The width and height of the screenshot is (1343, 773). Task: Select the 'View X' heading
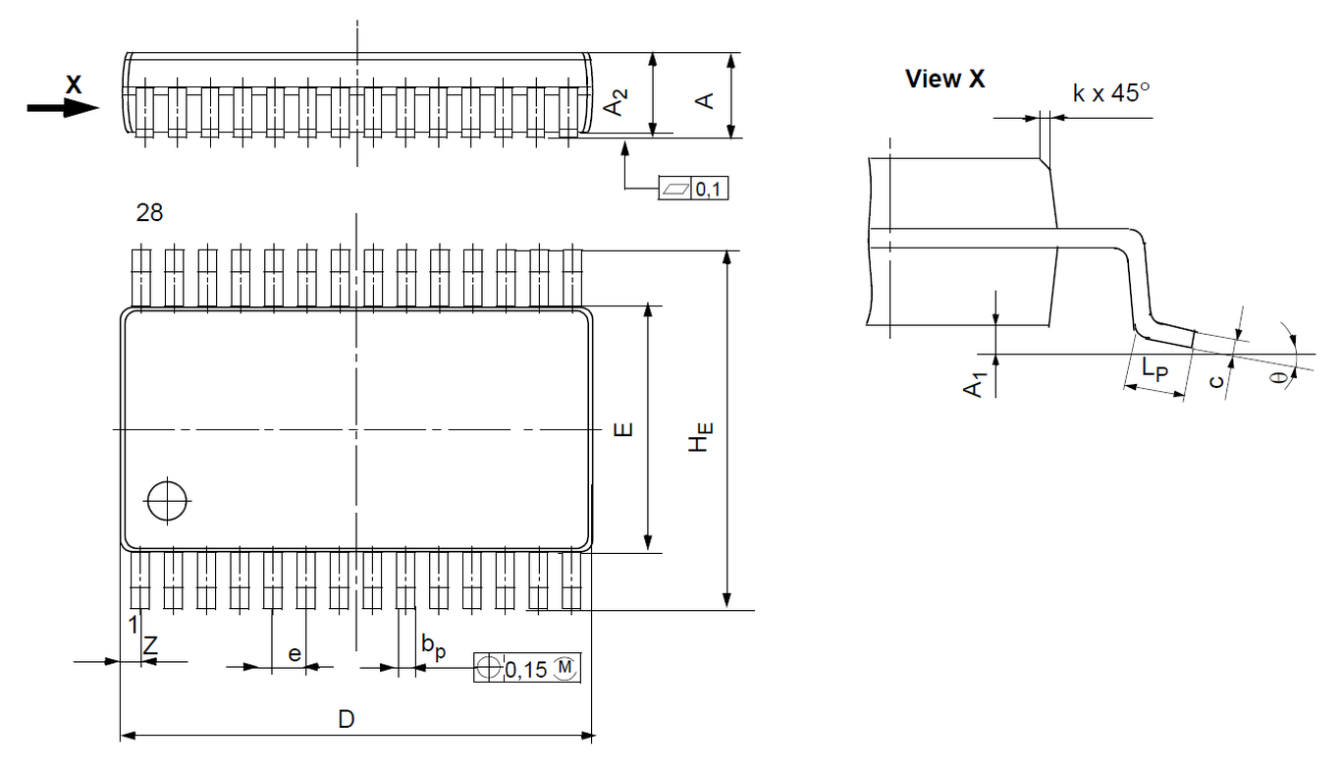(x=944, y=80)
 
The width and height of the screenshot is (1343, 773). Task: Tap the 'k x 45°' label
(x=1110, y=93)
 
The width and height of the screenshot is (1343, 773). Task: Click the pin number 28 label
(x=150, y=213)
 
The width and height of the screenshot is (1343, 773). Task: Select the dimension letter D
(x=346, y=719)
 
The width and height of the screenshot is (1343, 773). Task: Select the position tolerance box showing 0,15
(x=528, y=668)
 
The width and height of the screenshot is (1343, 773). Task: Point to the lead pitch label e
(x=294, y=652)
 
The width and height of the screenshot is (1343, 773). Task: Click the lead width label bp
(x=432, y=645)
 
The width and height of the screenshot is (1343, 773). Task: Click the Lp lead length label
(x=1155, y=371)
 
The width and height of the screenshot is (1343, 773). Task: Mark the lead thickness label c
(x=1216, y=378)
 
